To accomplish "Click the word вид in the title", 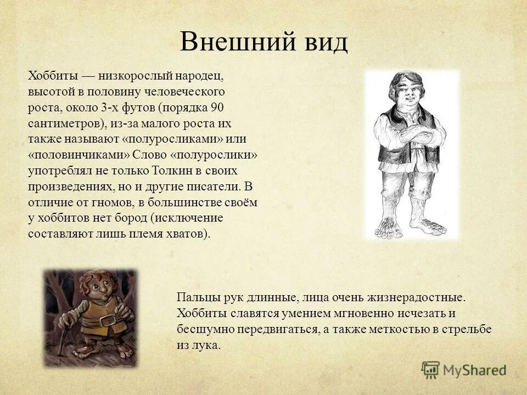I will coord(323,42).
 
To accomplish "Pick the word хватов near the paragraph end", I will coord(190,234).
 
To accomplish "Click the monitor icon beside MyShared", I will coord(430,369).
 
